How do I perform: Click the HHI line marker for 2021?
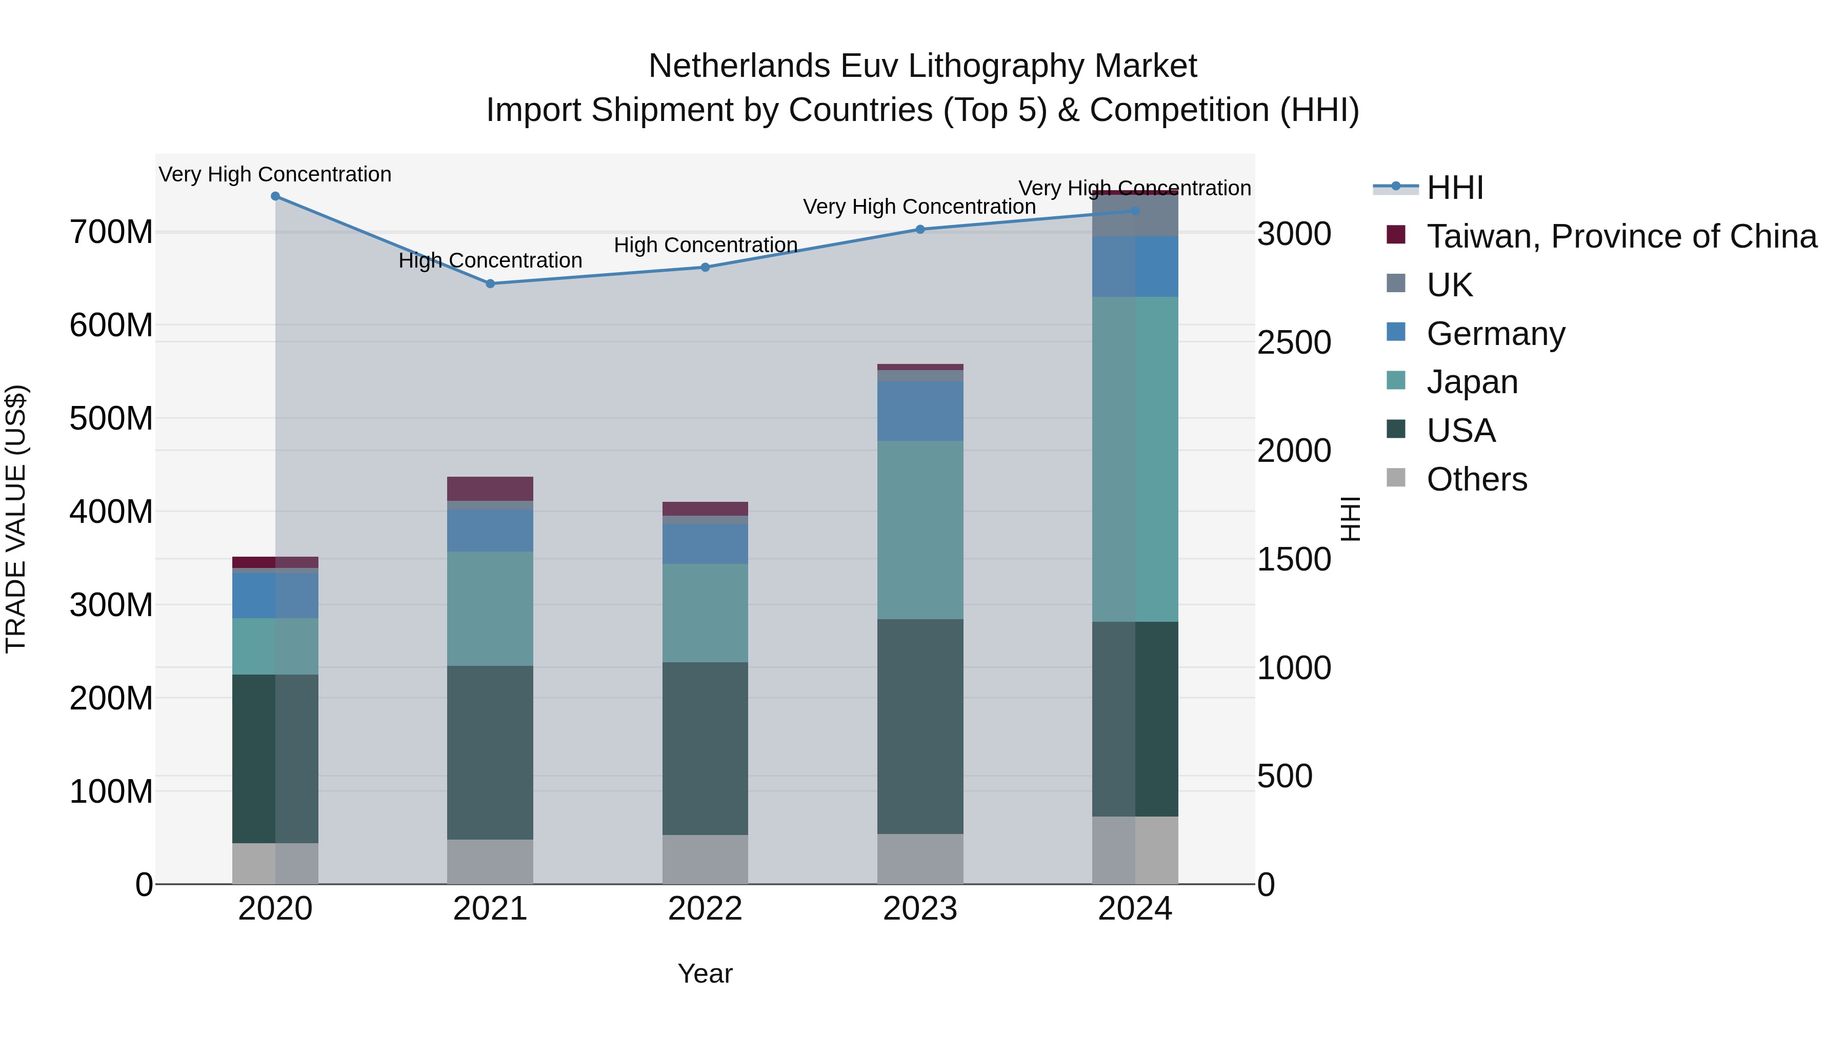(x=490, y=283)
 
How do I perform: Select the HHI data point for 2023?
(x=920, y=229)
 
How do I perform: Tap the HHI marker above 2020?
(x=275, y=196)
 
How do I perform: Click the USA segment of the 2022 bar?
(x=705, y=748)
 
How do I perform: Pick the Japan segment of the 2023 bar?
(x=920, y=530)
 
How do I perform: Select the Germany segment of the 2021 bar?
(x=490, y=530)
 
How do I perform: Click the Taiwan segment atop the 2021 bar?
(x=490, y=489)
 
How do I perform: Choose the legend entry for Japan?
(x=1472, y=382)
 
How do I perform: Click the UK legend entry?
(x=1449, y=284)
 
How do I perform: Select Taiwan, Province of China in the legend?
(x=1621, y=236)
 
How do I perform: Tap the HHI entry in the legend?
(x=1455, y=188)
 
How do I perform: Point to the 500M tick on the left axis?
(x=111, y=418)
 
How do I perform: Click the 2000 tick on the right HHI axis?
(x=1294, y=451)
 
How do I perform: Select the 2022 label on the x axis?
(x=705, y=909)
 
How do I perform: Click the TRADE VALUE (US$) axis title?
(x=16, y=519)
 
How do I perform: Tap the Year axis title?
(x=705, y=973)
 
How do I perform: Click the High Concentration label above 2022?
(x=705, y=245)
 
